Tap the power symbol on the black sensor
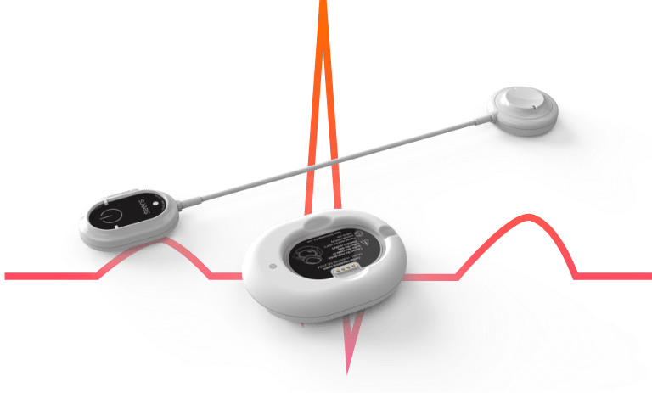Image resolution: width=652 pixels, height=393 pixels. pos(109,213)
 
